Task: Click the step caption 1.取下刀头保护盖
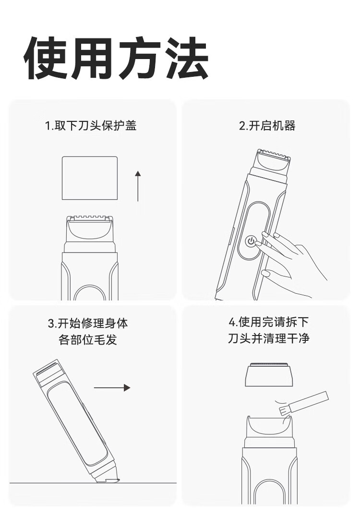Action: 91,126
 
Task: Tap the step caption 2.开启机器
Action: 267,126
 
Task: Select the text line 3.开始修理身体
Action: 88,324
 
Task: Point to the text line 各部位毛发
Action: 88,339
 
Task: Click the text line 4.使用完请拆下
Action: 268,322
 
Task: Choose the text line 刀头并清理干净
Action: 268,338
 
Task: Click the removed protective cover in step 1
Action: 90,178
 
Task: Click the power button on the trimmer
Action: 251,241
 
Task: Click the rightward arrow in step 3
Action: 112,387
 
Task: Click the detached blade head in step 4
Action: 268,374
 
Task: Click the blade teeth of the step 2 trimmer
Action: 273,155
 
